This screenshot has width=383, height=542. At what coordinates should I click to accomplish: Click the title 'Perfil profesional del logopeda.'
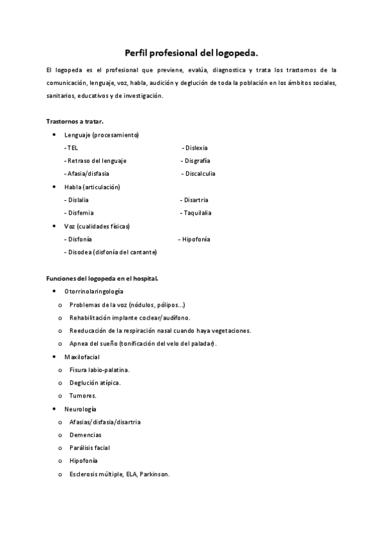[191, 54]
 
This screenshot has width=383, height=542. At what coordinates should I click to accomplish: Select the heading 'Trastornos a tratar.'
[75, 121]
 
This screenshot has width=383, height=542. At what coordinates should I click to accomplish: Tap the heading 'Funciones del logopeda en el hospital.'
[102, 278]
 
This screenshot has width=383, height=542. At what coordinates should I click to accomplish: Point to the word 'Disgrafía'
[197, 160]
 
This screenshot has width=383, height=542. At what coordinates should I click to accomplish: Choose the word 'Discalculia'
[199, 173]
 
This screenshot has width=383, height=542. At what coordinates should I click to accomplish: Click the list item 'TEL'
[72, 148]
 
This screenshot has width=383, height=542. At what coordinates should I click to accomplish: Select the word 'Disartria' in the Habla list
[196, 200]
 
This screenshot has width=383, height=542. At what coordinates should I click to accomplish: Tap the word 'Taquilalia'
[198, 213]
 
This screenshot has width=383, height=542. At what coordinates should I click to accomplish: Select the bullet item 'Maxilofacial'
[82, 357]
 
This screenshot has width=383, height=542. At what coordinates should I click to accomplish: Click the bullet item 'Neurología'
[81, 408]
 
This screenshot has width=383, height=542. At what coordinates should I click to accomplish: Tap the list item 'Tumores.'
[83, 396]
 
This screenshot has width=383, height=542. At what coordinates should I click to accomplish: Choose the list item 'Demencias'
[86, 435]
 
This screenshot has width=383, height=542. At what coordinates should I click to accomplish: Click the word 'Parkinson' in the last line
[154, 474]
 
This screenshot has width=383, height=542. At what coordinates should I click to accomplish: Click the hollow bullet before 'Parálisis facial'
[60, 448]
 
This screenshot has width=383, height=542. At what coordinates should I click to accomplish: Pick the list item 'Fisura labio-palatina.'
[100, 369]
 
